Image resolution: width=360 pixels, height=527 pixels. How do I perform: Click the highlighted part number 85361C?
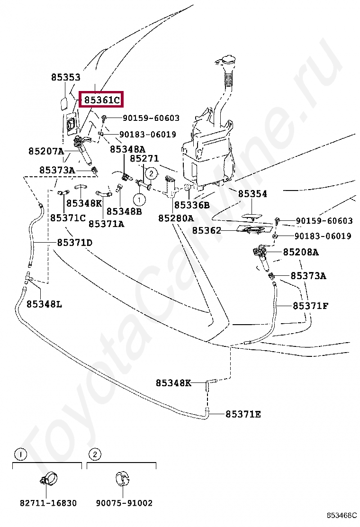point(101,100)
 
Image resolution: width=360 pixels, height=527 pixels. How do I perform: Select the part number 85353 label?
point(66,77)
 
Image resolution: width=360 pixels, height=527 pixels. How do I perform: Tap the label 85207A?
point(46,152)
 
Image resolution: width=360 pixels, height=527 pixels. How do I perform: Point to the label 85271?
point(144,159)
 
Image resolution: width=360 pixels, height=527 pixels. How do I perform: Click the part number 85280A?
point(176,218)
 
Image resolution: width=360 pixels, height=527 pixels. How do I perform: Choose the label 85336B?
point(191,205)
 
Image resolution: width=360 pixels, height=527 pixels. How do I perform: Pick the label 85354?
point(252,194)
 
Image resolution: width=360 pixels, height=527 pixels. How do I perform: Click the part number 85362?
point(207,231)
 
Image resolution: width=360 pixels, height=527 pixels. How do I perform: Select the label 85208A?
point(301,252)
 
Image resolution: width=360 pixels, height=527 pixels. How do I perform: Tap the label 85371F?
point(310,306)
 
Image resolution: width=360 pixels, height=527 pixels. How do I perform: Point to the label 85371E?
point(243,414)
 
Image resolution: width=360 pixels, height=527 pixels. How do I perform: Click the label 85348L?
point(44,304)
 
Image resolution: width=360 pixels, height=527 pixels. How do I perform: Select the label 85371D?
point(75,243)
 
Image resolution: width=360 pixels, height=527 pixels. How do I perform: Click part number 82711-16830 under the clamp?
point(48,503)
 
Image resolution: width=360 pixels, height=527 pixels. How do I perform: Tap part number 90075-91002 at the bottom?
point(124,503)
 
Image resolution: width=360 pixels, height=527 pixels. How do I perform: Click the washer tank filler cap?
point(226,61)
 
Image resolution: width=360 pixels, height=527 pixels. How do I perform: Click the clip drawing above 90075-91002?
point(123,479)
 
